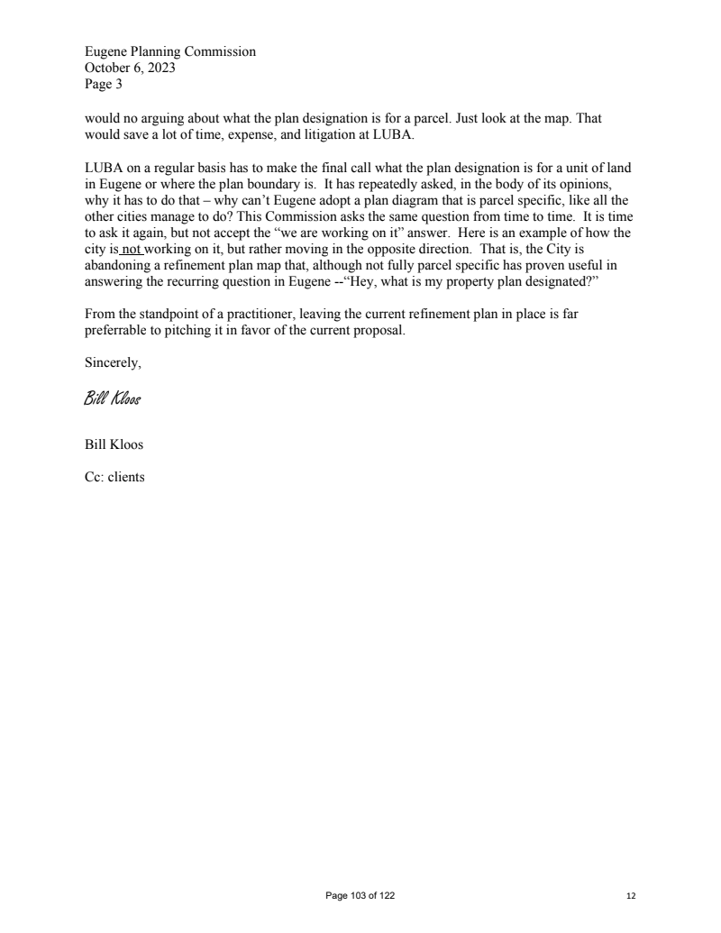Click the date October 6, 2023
[124, 68]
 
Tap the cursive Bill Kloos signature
[113, 397]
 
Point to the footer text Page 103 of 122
[360, 895]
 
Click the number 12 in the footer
[631, 896]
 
